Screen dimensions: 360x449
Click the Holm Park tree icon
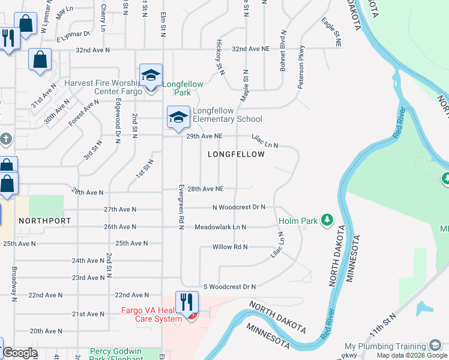[x=327, y=220]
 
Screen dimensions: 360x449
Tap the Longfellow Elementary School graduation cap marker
[x=178, y=117]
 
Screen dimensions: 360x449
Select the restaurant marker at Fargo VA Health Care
[x=187, y=302]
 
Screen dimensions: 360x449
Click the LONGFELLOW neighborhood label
[x=236, y=154]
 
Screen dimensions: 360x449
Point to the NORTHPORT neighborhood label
[x=44, y=221]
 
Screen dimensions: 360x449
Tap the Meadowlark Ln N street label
[x=220, y=227]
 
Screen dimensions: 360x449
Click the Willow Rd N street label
[x=230, y=247]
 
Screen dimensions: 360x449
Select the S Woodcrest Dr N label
[x=229, y=286]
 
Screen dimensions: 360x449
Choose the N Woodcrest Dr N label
[x=238, y=207]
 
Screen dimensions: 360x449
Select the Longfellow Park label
[x=182, y=88]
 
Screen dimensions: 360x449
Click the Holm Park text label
[x=298, y=221]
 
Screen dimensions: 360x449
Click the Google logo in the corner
[x=20, y=353]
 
